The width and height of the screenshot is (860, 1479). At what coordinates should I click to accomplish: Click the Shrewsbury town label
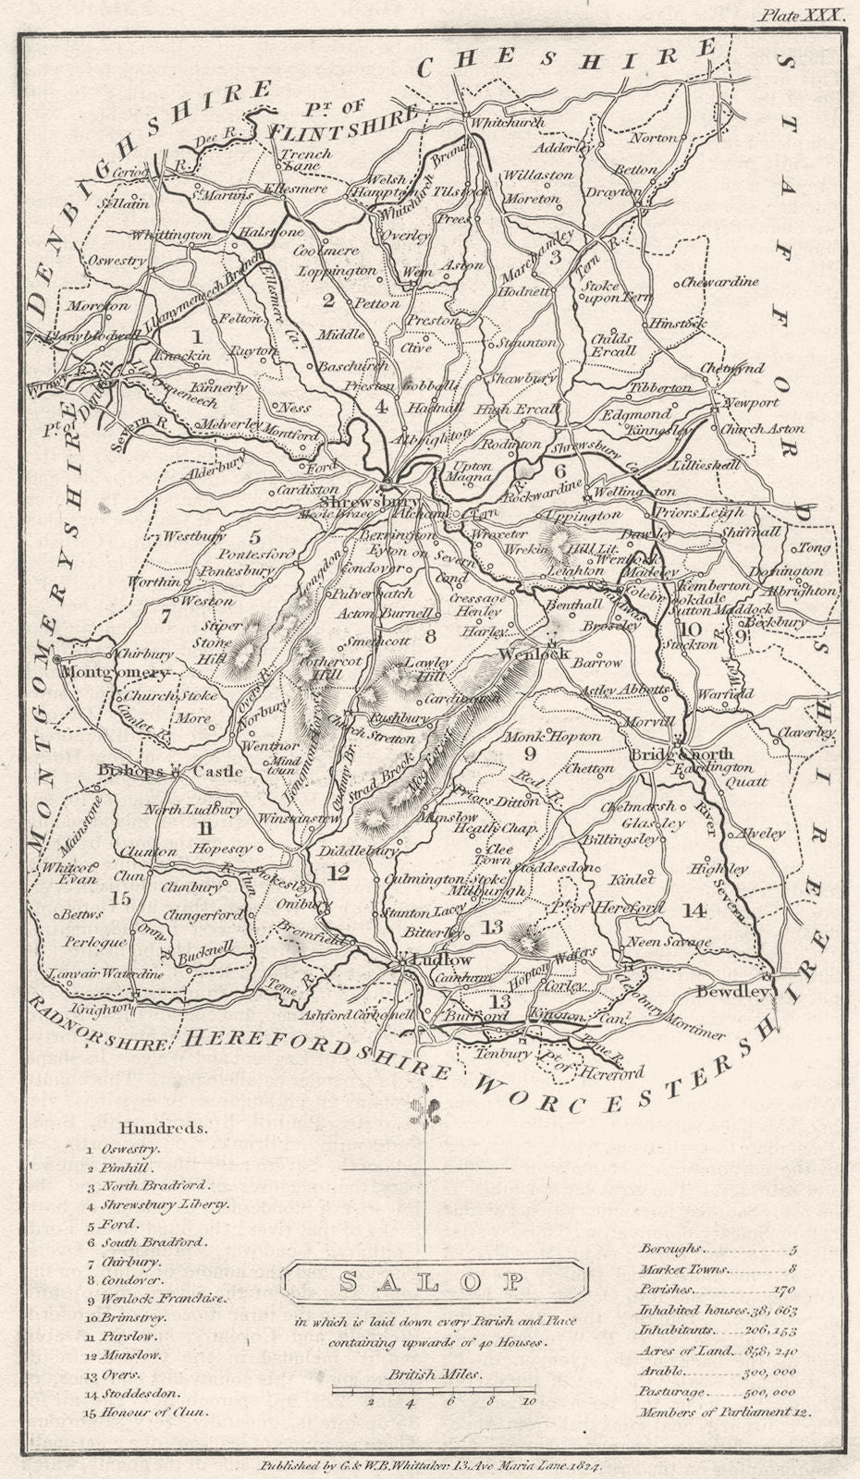coord(350,492)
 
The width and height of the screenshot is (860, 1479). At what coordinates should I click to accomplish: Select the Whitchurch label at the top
coord(508,122)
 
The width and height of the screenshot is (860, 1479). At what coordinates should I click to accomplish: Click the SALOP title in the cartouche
coord(430,1281)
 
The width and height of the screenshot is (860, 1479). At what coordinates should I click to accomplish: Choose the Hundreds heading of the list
coord(164,1128)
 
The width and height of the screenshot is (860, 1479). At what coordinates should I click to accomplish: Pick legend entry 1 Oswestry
coord(125,1148)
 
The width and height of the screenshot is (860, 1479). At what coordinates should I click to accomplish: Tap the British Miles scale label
coord(435,1374)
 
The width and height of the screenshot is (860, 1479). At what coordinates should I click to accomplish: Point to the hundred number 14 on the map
coord(694,910)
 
